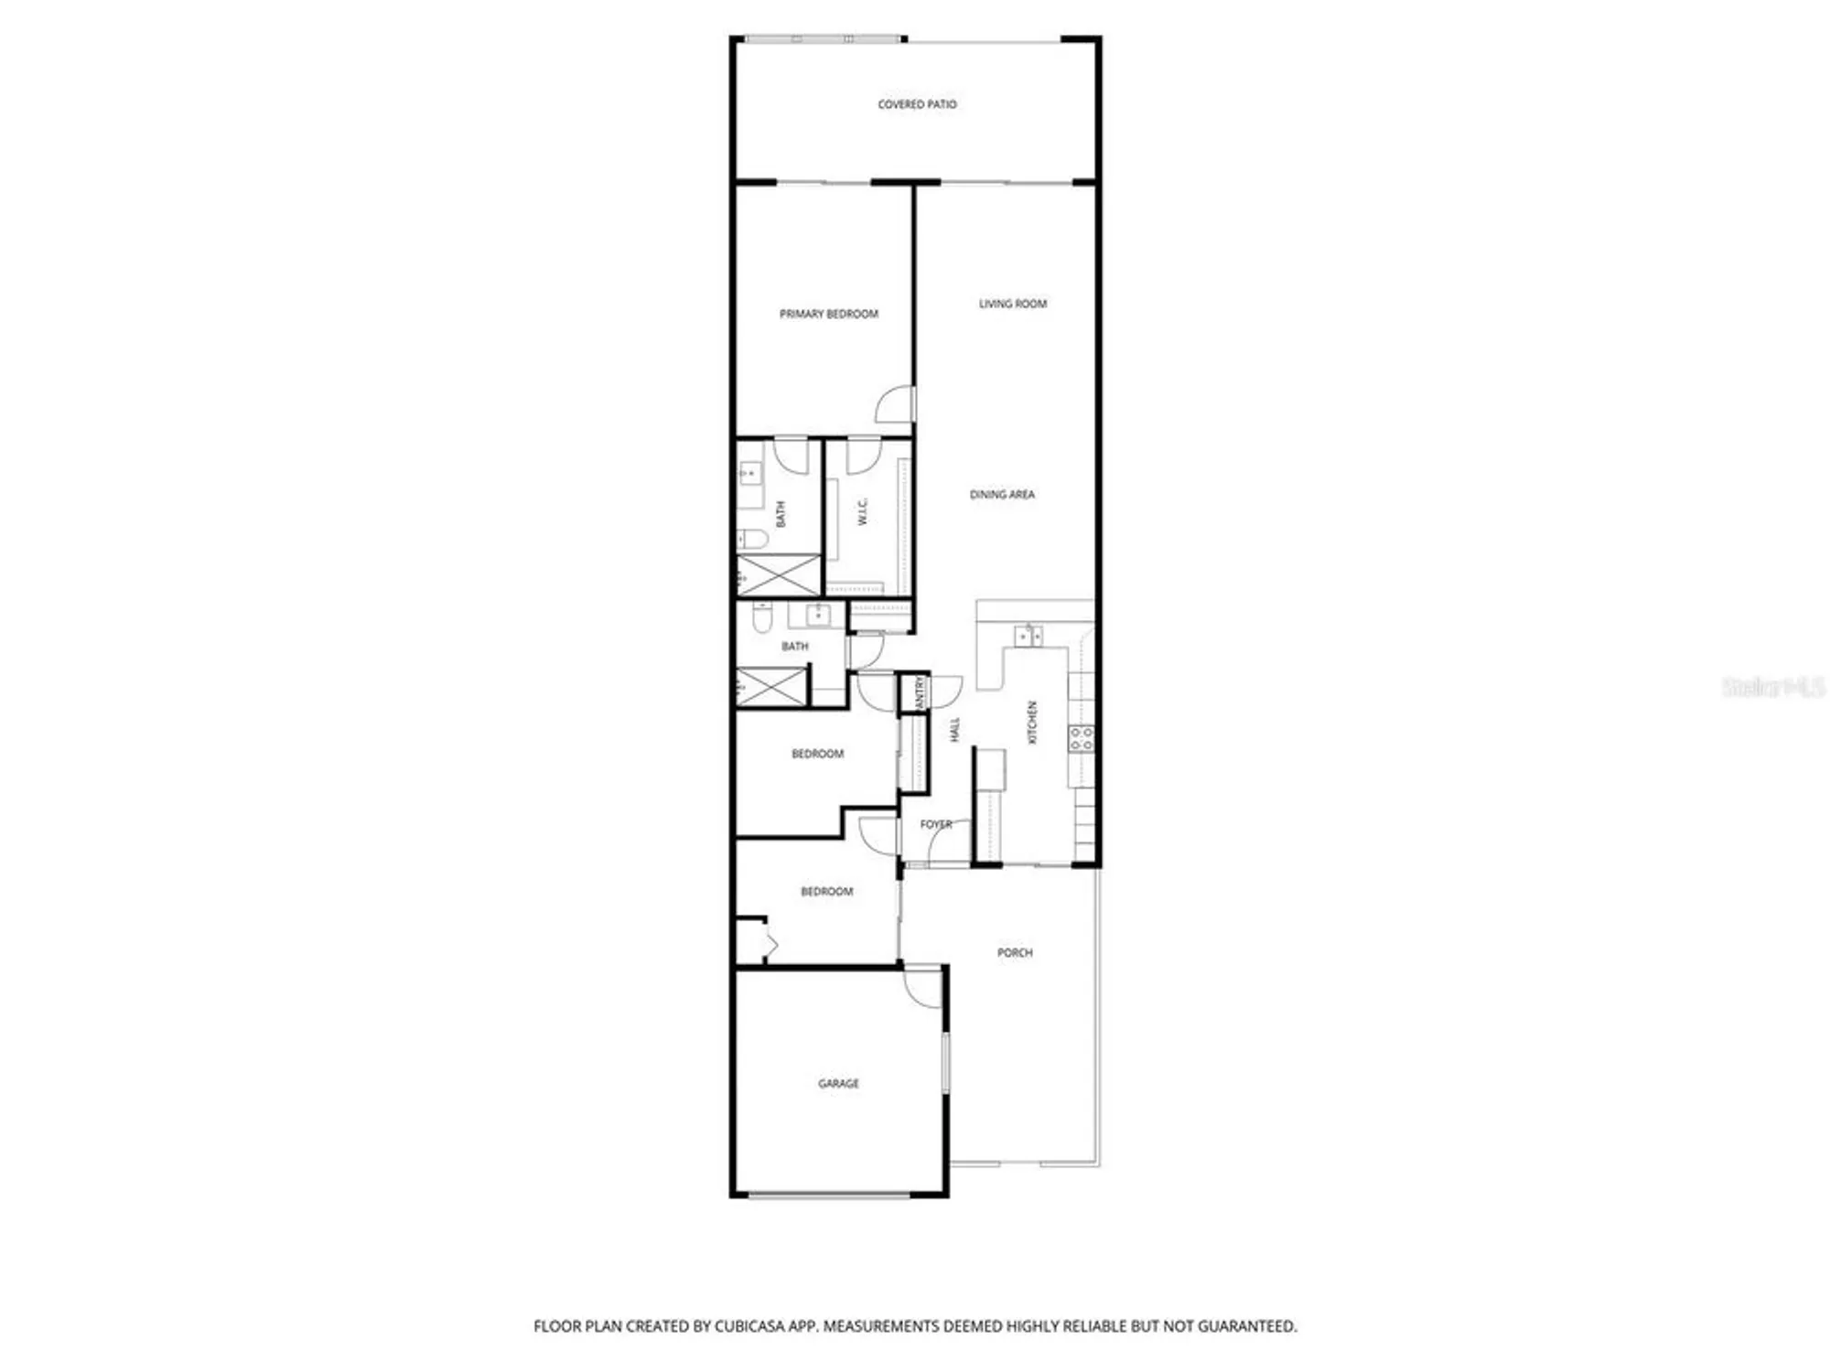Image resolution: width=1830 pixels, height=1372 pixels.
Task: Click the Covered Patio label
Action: pos(917,104)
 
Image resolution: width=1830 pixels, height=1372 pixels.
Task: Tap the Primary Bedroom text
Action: pos(828,314)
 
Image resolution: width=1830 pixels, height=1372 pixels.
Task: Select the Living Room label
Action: pos(1012,304)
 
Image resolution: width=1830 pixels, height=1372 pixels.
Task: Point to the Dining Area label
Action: pos(1002,495)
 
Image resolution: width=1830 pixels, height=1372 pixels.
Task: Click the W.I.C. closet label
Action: pos(862,512)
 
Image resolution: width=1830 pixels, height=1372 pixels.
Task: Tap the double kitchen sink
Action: pos(1028,636)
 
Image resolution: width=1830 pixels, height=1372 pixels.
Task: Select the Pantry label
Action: pos(920,691)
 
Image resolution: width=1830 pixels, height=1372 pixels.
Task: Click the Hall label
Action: pos(954,729)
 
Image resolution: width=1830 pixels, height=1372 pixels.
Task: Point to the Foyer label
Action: pos(935,824)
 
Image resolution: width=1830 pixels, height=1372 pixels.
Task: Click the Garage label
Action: pos(838,1084)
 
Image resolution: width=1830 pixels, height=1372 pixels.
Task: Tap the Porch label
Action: pos(1014,953)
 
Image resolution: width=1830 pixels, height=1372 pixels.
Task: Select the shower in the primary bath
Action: pos(778,575)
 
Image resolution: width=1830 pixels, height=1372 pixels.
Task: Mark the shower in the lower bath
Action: pos(771,687)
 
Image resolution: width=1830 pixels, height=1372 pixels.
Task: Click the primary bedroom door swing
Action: pos(896,405)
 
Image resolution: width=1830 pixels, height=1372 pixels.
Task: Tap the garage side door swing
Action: pos(922,988)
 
